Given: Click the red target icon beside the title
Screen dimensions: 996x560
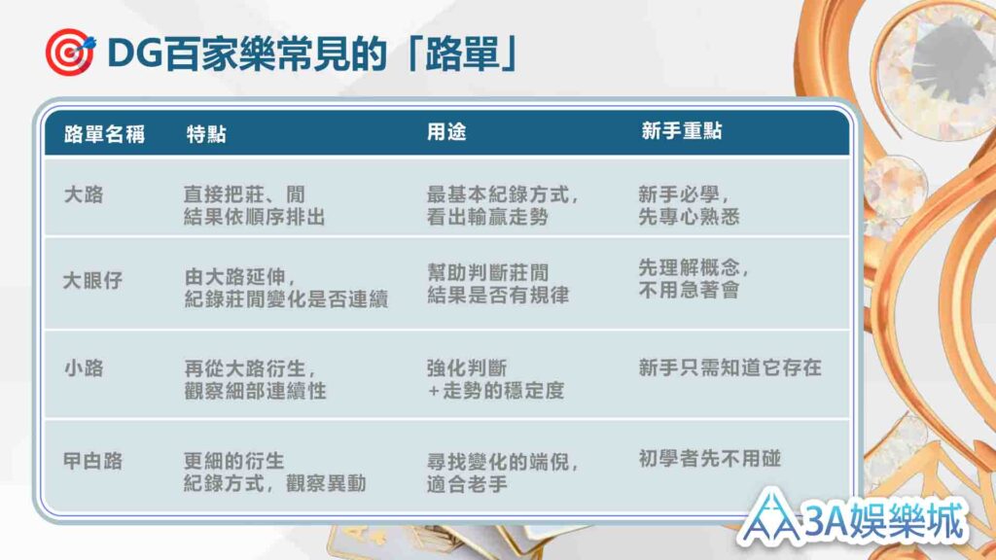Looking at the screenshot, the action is pyautogui.click(x=70, y=52).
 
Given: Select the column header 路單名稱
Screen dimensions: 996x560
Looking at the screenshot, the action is pyautogui.click(x=104, y=134).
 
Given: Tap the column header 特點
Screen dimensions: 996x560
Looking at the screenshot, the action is pyautogui.click(x=206, y=134).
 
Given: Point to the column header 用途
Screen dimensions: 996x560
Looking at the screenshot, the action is pyautogui.click(x=446, y=132).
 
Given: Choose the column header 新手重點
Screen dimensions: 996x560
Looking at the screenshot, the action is pyautogui.click(x=682, y=131).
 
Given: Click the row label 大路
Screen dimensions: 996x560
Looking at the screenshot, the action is pyautogui.click(x=84, y=194).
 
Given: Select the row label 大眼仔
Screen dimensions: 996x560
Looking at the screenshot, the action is pyautogui.click(x=92, y=280).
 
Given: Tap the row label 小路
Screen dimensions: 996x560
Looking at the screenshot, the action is pyautogui.click(x=84, y=368).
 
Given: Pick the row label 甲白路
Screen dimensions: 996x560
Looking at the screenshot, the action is pyautogui.click(x=92, y=461).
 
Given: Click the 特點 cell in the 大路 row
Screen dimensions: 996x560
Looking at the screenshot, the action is pyautogui.click(x=254, y=205).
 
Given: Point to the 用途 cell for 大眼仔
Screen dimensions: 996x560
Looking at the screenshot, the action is pyautogui.click(x=498, y=284).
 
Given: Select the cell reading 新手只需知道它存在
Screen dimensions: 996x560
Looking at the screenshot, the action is pyautogui.click(x=729, y=367).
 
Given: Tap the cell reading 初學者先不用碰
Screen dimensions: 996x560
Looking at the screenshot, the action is pyautogui.click(x=709, y=459).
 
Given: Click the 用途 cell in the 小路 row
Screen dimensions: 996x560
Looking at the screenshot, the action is pyautogui.click(x=495, y=379).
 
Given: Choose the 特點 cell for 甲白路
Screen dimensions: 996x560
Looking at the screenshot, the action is pyautogui.click(x=275, y=472).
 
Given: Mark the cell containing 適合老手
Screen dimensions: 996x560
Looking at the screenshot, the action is pyautogui.click(x=503, y=473).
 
